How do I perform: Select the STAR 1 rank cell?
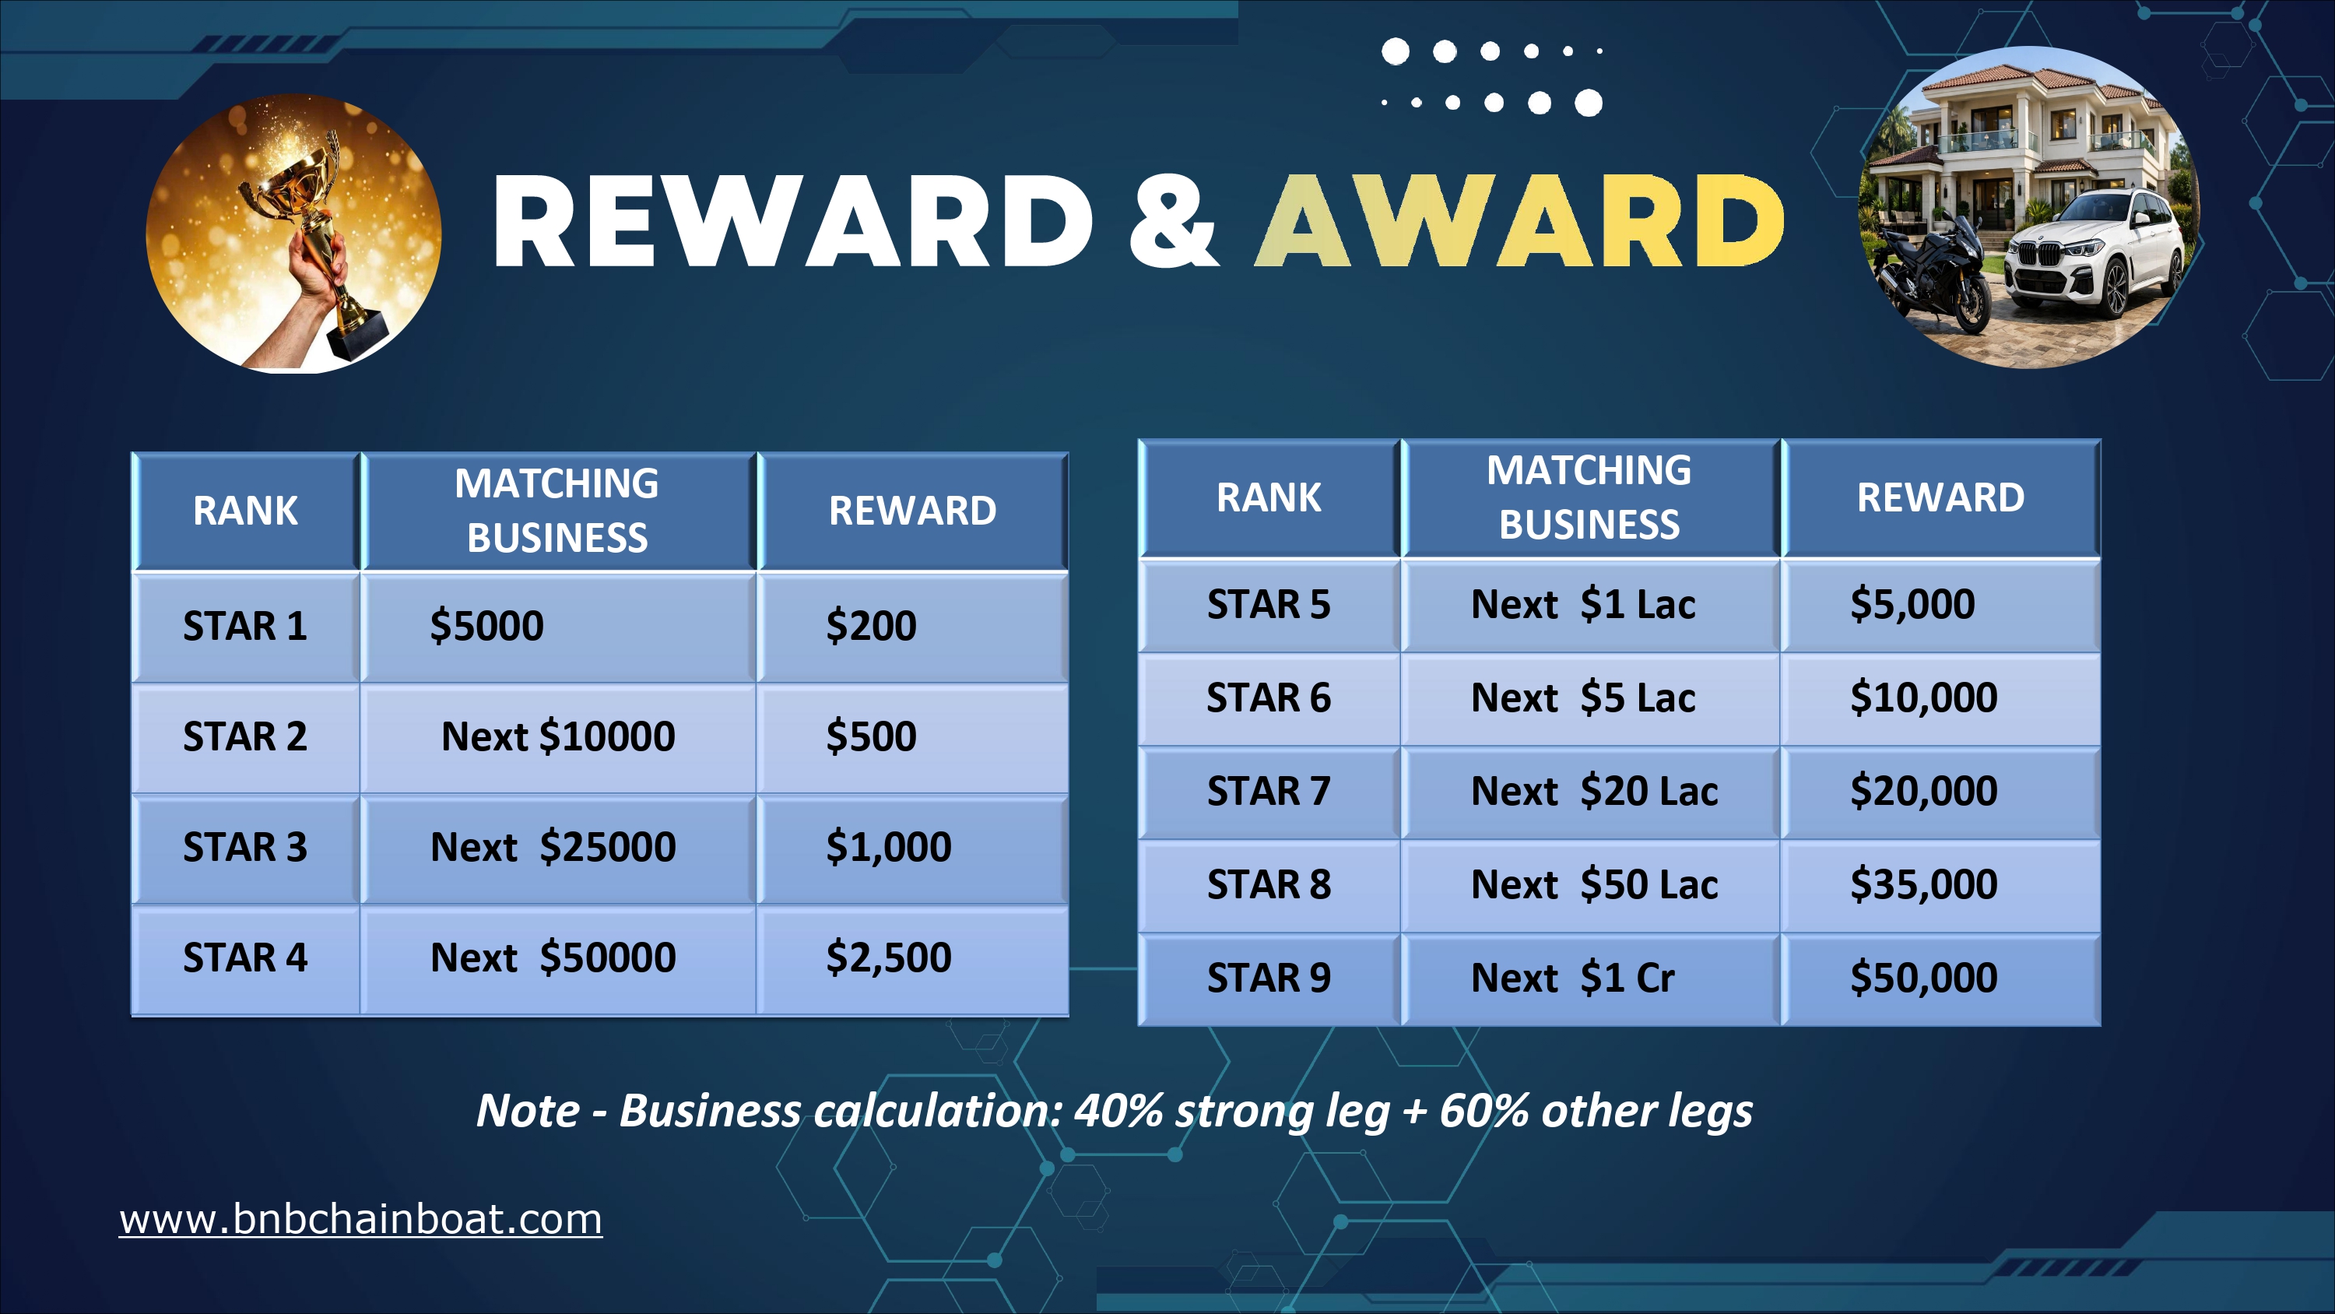pyautogui.click(x=246, y=627)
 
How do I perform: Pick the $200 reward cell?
pyautogui.click(x=913, y=627)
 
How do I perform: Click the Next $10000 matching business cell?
pyautogui.click(x=558, y=737)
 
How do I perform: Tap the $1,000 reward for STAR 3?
pyautogui.click(x=913, y=848)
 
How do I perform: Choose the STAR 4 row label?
pyautogui.click(x=246, y=958)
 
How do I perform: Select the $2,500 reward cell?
pyautogui.click(x=913, y=958)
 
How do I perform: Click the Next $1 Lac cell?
pyautogui.click(x=1591, y=605)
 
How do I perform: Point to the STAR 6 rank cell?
pyautogui.click(x=1269, y=698)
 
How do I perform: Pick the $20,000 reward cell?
pyautogui.click(x=1940, y=792)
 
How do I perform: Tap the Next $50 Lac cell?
pyautogui.click(x=1591, y=885)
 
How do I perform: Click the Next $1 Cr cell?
pyautogui.click(x=1591, y=978)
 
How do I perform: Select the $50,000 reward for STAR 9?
pyautogui.click(x=1940, y=978)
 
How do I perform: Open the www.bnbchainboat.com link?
pyautogui.click(x=361, y=1219)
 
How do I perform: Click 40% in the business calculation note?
pyautogui.click(x=1118, y=1111)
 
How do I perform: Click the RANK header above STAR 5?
pyautogui.click(x=1269, y=498)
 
